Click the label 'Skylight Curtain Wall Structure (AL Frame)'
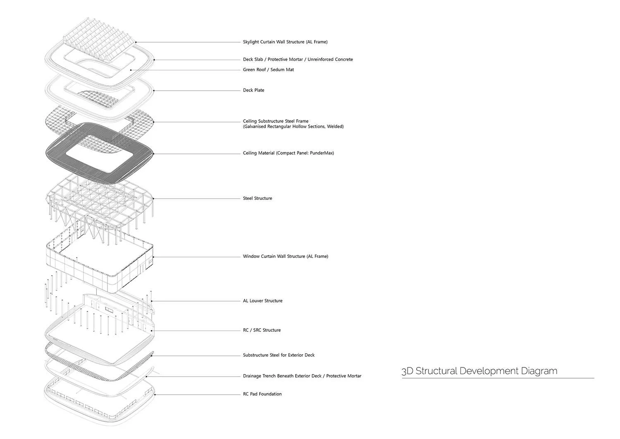click(285, 42)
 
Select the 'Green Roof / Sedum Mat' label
click(268, 70)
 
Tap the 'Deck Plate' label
click(253, 90)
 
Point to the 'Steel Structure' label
click(258, 198)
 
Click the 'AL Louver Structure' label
click(262, 301)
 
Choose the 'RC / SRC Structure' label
click(262, 330)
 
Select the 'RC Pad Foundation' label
click(262, 394)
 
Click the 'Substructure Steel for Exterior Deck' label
click(279, 355)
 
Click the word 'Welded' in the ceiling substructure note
click(335, 127)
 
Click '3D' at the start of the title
click(407, 371)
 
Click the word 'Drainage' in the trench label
click(253, 376)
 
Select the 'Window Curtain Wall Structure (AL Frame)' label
click(285, 257)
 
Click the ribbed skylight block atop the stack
click(99, 35)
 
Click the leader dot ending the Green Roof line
click(131, 70)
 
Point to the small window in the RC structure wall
click(109, 309)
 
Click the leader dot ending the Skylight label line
click(136, 42)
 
